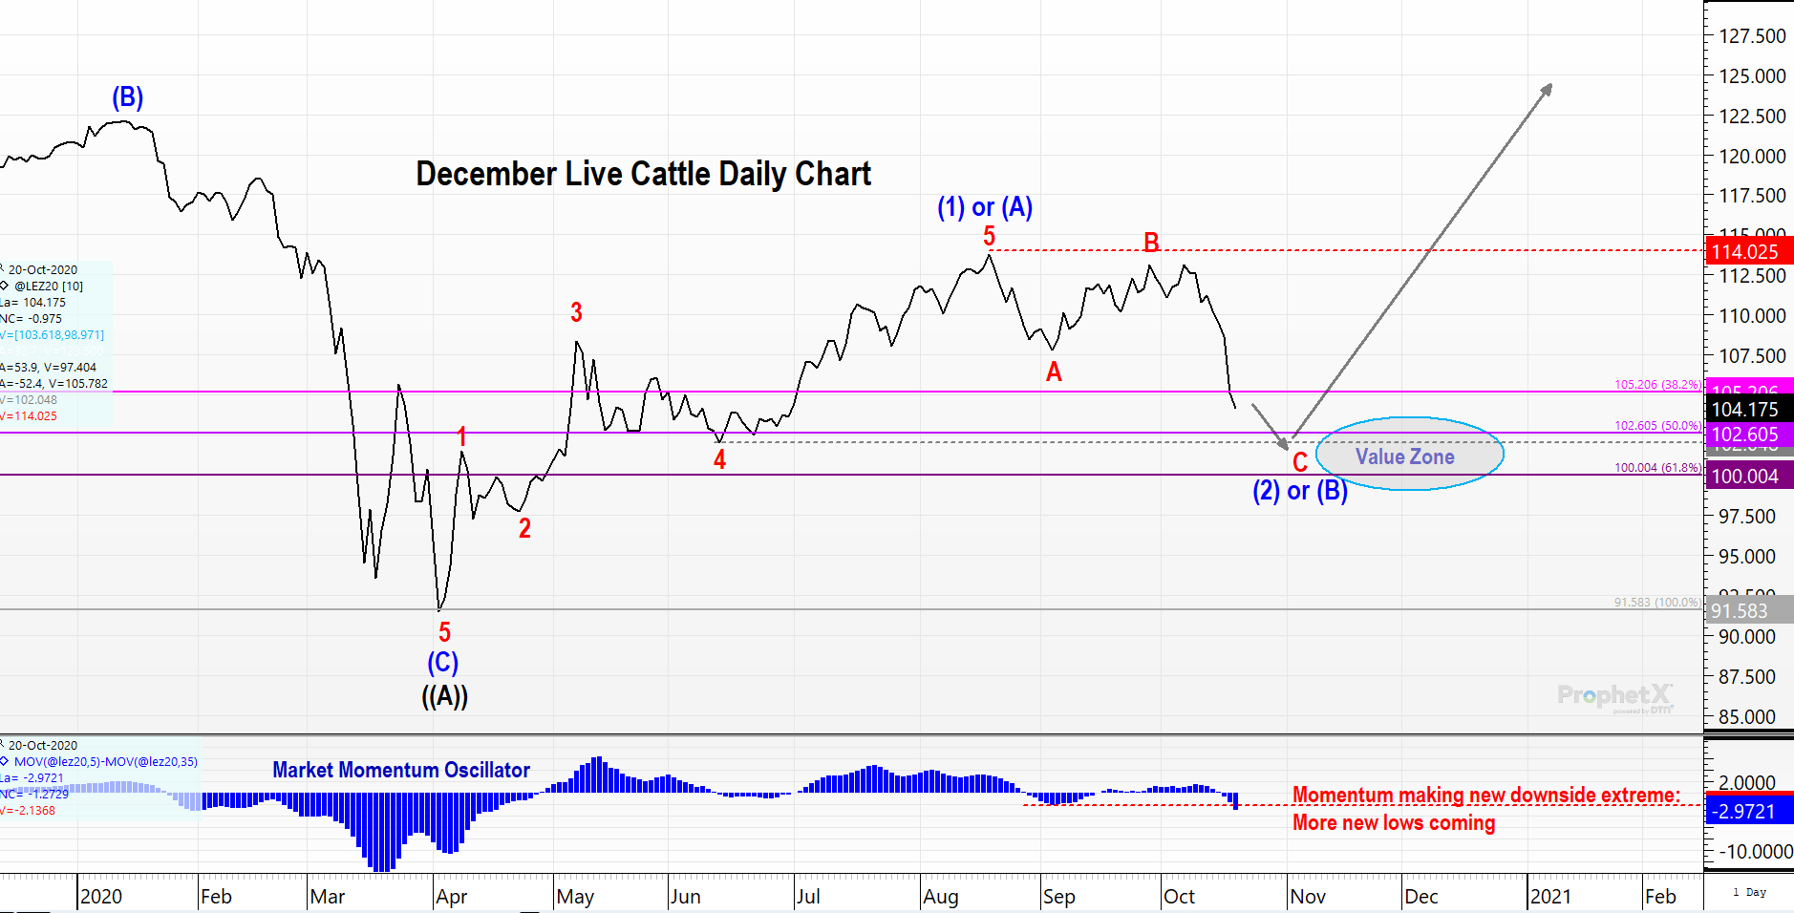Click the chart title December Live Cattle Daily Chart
click(x=643, y=174)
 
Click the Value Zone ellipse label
click(x=1404, y=456)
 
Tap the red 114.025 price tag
click(x=1744, y=252)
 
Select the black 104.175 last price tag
click(x=1744, y=410)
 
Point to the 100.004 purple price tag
click(x=1744, y=477)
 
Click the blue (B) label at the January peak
click(x=127, y=97)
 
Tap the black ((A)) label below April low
click(x=444, y=695)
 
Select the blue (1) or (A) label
click(x=984, y=207)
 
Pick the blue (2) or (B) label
click(x=1299, y=491)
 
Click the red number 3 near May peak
click(x=576, y=312)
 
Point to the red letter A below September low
click(x=1054, y=372)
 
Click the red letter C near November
click(x=1299, y=463)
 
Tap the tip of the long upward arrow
click(x=1549, y=86)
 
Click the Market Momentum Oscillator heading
click(x=400, y=770)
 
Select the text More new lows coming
click(x=1393, y=823)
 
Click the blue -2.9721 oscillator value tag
click(x=1745, y=812)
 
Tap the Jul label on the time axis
click(x=808, y=897)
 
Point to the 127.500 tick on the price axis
click(x=1752, y=36)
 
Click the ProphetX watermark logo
click(x=1613, y=695)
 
